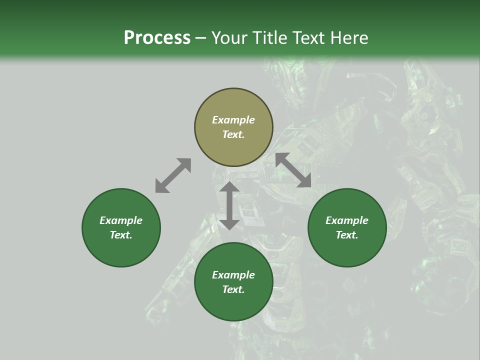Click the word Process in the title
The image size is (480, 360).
(157, 37)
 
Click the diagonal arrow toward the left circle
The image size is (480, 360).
(173, 175)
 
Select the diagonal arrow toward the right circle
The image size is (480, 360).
(293, 170)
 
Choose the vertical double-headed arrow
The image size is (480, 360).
(229, 205)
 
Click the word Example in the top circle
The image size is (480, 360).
(233, 120)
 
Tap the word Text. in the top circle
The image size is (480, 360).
(233, 134)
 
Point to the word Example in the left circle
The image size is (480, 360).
(121, 220)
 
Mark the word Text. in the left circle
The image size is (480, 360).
(121, 235)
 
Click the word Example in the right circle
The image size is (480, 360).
(347, 220)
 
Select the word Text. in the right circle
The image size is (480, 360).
(347, 235)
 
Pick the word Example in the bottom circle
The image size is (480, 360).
(233, 275)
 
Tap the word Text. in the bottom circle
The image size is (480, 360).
(233, 289)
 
